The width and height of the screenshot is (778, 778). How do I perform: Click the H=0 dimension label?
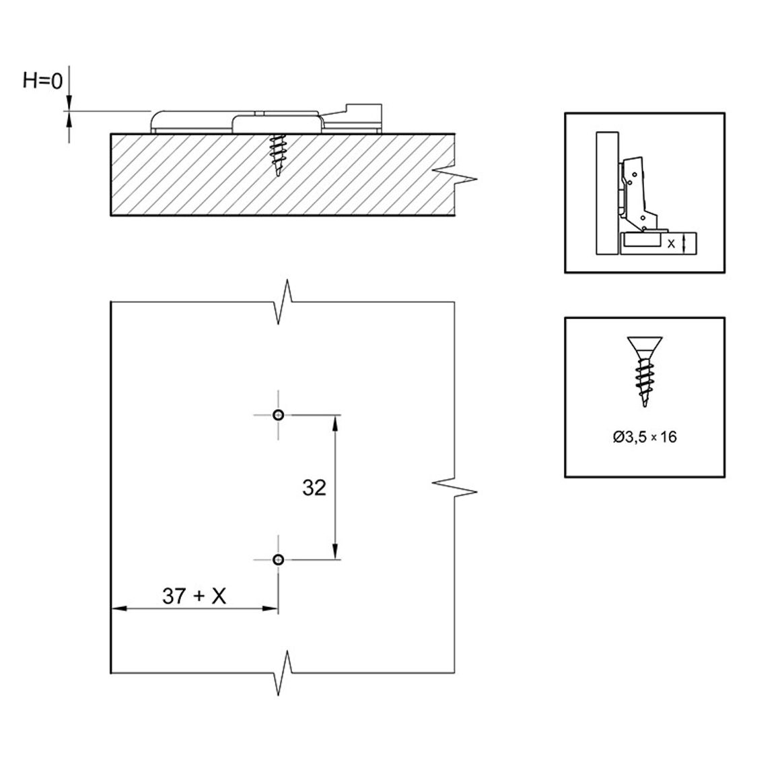tap(42, 80)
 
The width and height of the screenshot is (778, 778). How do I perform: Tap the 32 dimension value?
tap(314, 488)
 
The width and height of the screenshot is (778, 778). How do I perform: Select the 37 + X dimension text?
tap(194, 596)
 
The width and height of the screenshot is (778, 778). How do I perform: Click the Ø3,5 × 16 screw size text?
tap(645, 437)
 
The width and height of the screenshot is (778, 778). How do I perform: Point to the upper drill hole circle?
tap(279, 415)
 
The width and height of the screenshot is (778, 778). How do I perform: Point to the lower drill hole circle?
tap(279, 560)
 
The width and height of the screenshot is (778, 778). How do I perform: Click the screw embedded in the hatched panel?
tap(277, 155)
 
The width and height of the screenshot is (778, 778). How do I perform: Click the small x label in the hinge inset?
tap(671, 244)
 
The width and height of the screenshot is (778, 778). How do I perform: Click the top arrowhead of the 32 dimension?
tap(335, 423)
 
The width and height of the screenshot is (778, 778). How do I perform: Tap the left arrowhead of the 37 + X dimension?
tap(118, 608)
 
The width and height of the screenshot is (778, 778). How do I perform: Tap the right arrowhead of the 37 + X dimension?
tap(269, 608)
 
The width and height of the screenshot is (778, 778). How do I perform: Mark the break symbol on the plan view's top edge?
tap(283, 302)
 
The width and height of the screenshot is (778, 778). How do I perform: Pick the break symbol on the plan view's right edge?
tap(455, 487)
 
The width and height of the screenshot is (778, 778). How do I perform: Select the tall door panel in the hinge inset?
tap(607, 193)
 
